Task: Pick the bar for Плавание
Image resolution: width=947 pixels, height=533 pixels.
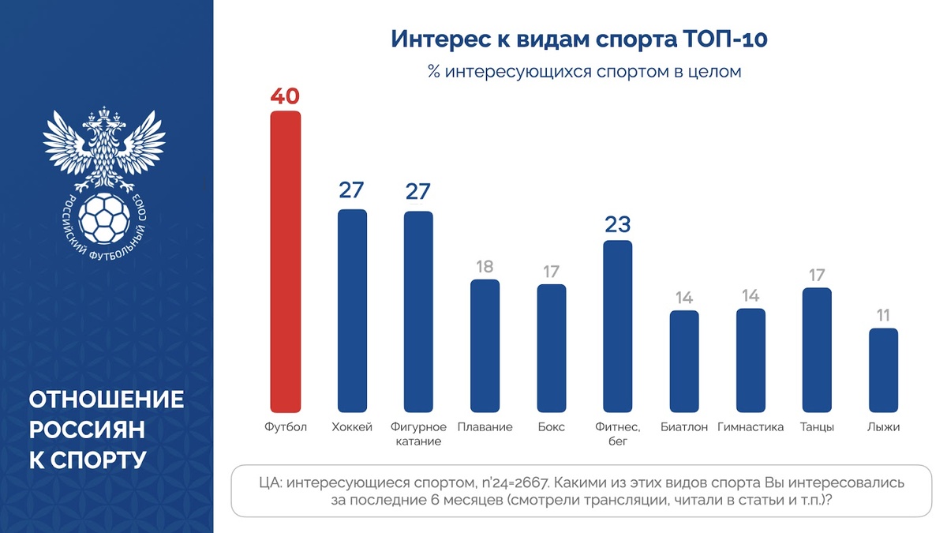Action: click(485, 346)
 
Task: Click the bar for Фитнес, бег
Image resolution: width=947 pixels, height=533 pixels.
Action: click(618, 326)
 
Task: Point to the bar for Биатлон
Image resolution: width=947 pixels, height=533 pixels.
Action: click(684, 361)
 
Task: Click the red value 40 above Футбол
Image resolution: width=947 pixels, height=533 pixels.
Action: click(285, 96)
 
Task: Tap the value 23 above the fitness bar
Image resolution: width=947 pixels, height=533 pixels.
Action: click(618, 225)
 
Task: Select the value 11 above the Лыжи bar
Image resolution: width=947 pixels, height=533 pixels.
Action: click(883, 314)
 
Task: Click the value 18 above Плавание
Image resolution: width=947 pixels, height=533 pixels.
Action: click(485, 265)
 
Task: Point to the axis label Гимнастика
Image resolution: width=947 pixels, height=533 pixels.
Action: click(750, 427)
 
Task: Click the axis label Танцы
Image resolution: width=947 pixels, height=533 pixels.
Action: click(817, 427)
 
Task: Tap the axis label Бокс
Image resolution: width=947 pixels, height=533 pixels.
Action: click(551, 427)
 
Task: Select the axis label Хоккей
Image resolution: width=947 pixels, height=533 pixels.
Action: click(352, 427)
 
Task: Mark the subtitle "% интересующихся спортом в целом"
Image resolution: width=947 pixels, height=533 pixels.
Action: click(584, 72)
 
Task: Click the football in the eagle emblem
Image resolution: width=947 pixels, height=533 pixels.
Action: click(103, 218)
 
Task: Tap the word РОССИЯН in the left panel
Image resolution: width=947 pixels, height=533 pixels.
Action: click(87, 430)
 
